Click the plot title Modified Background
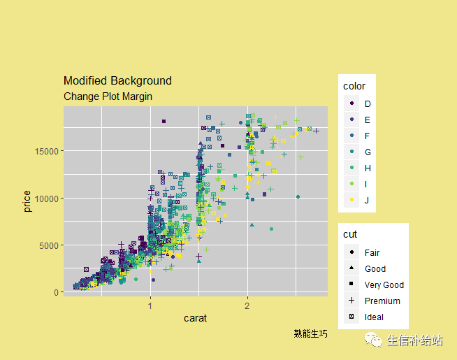click(x=117, y=81)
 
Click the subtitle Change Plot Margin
click(x=108, y=96)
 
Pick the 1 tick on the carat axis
click(x=150, y=306)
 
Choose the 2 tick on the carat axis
click(x=247, y=306)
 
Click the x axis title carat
click(x=195, y=319)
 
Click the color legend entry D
click(x=368, y=103)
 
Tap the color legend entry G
click(x=368, y=152)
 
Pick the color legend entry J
click(x=368, y=200)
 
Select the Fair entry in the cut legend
click(x=372, y=252)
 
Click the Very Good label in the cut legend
click(x=384, y=285)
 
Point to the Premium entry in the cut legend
click(x=382, y=301)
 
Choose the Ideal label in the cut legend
click(x=374, y=317)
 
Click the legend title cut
click(x=350, y=234)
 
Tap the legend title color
click(x=354, y=86)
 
